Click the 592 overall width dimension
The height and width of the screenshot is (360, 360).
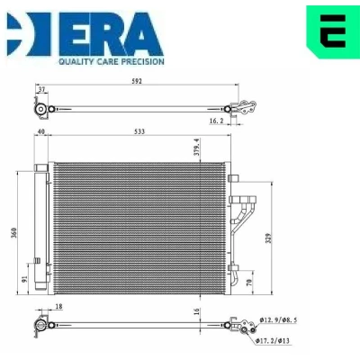[137, 81]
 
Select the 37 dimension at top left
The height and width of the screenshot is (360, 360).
[42, 89]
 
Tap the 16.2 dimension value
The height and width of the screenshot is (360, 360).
[216, 121]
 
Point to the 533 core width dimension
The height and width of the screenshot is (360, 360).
[139, 131]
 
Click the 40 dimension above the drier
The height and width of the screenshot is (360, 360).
[40, 131]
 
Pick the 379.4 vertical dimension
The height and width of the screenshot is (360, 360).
[197, 147]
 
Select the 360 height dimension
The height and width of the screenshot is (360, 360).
[13, 233]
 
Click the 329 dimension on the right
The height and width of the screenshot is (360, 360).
[268, 238]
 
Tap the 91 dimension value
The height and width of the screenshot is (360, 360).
[24, 279]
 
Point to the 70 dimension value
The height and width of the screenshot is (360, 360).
[249, 282]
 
